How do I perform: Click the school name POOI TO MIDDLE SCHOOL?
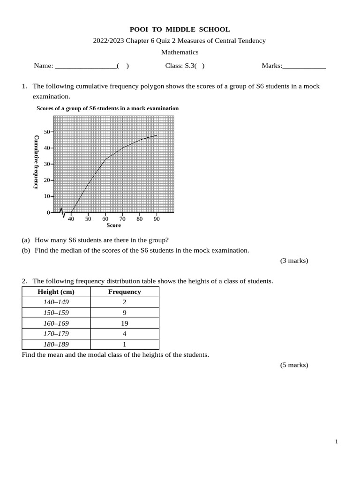tap(180, 30)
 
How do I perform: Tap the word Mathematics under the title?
tap(180, 52)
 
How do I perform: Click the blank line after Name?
tap(86, 66)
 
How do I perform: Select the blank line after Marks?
tap(304, 66)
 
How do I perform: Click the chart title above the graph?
tap(107, 108)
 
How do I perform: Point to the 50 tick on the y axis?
tap(47, 132)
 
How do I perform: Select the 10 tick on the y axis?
tap(47, 196)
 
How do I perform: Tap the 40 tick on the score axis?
tap(71, 218)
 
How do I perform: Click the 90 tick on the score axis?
tap(157, 218)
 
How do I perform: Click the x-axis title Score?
tap(113, 225)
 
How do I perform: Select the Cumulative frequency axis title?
tap(36, 162)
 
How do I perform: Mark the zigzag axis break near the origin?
tap(61, 212)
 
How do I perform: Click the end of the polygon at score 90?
tap(157, 135)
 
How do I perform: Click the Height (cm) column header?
tap(56, 292)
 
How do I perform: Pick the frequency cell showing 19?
tap(124, 323)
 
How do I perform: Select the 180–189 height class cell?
tap(56, 345)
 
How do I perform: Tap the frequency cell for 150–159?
tap(124, 313)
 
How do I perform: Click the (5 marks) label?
tap(294, 365)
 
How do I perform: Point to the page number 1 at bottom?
tap(336, 442)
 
